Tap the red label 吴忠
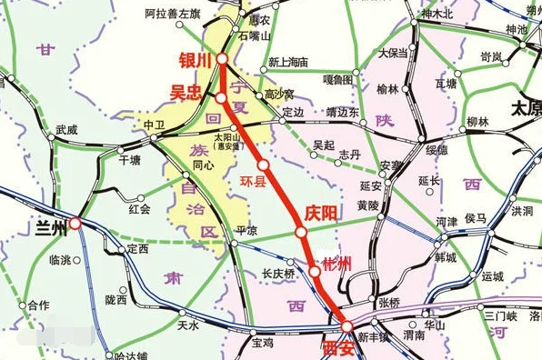tap(186, 92)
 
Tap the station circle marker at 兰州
tap(75, 222)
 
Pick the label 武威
tap(67, 130)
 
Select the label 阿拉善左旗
tap(173, 15)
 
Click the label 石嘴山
tap(255, 36)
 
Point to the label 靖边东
tap(342, 113)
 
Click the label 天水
tap(188, 325)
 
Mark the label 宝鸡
tap(263, 343)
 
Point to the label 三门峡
tap(499, 316)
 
